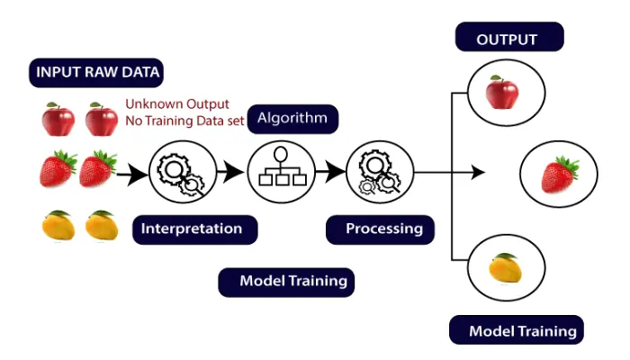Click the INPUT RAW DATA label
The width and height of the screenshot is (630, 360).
100,72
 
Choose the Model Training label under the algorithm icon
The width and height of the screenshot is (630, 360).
286,281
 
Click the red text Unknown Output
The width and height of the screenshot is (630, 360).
177,103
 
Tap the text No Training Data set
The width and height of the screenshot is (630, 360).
184,120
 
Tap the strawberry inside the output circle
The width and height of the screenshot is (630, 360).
559,175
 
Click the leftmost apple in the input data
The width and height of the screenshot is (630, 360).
58,119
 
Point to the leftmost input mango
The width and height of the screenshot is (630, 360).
57,226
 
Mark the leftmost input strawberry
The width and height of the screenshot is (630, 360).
58,168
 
